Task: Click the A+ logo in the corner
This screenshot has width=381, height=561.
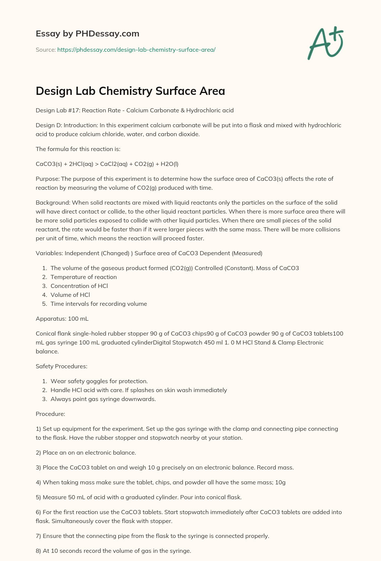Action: coord(326,43)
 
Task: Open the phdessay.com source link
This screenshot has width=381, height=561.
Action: coord(136,49)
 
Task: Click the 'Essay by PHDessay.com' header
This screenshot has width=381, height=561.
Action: coord(87,33)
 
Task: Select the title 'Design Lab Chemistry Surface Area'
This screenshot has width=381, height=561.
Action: coord(130,91)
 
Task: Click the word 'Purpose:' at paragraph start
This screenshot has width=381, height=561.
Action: coord(48,179)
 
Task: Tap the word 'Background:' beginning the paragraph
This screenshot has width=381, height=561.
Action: coord(53,202)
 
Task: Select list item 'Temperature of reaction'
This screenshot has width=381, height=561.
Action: coord(84,277)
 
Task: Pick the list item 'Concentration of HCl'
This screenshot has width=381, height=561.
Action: coord(79,286)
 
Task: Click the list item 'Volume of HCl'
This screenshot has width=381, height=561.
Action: coord(70,295)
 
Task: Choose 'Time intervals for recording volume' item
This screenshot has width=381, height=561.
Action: coord(99,304)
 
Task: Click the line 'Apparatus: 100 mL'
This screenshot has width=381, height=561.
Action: coord(62,318)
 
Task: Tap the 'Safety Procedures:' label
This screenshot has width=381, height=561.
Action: coord(61,366)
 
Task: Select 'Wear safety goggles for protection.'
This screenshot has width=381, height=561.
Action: coord(99,381)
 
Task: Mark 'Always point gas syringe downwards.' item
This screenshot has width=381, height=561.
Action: coord(103,399)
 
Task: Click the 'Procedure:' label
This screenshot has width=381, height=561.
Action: coord(50,414)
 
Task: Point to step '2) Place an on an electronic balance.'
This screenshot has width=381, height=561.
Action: coord(86,452)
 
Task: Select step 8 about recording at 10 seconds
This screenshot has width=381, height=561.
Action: coord(113,551)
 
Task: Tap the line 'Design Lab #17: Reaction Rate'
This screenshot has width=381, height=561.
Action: coord(135,110)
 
